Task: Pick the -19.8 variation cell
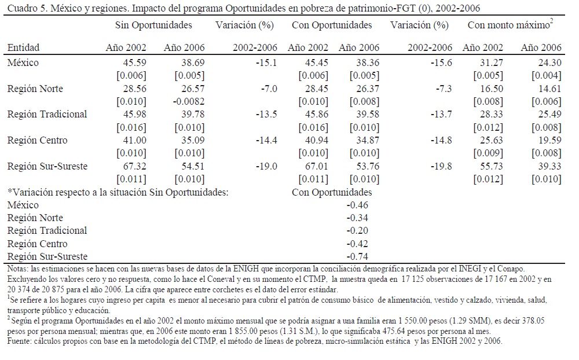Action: (x=442, y=166)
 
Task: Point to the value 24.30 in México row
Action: (x=549, y=63)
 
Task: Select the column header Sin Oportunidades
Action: (x=153, y=25)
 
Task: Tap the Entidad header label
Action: (x=23, y=47)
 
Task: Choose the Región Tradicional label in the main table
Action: (x=47, y=114)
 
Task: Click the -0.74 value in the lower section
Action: (x=357, y=256)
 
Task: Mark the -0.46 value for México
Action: (x=357, y=205)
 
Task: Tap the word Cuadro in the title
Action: (x=18, y=8)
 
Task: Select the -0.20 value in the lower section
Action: (x=357, y=230)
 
